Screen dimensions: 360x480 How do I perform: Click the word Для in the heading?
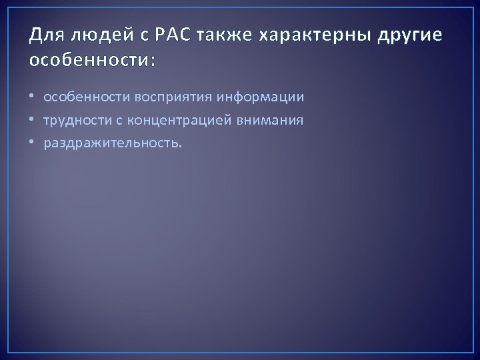pos(45,35)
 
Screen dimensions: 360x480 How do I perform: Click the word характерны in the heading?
pos(306,35)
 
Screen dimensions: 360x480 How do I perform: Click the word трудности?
pos(79,121)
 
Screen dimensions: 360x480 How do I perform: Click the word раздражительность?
pos(111,143)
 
